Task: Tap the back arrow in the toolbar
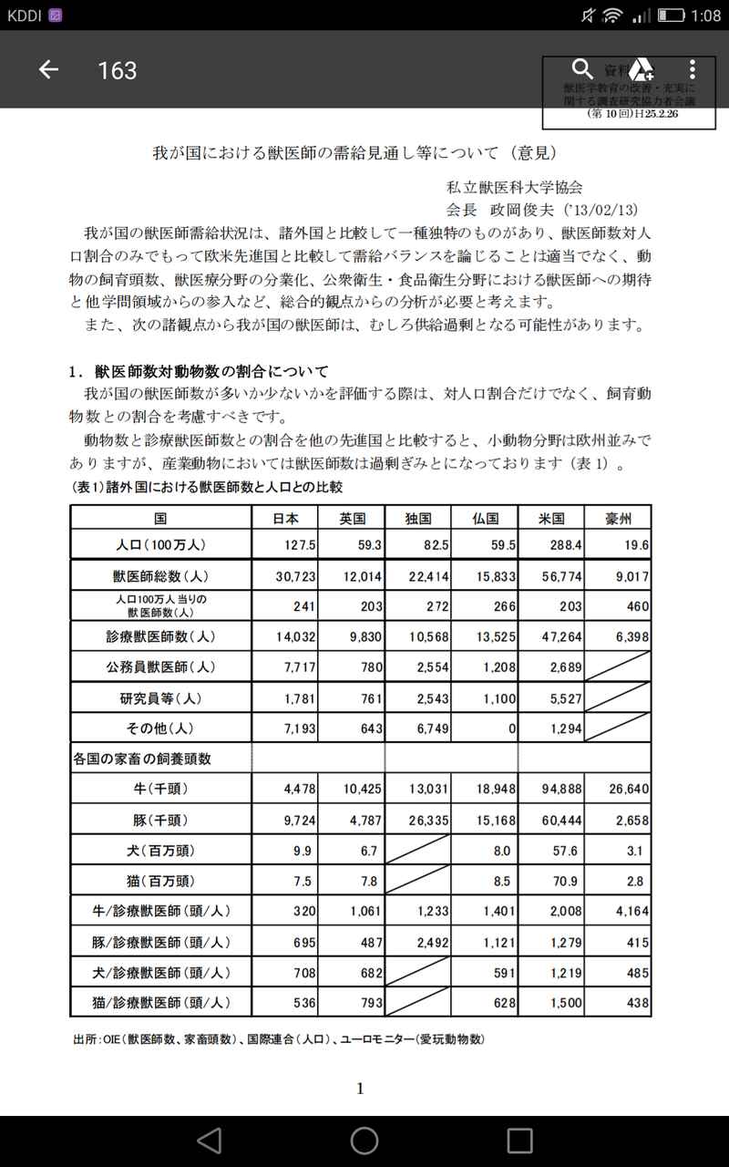coord(48,70)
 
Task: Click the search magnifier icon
coord(581,69)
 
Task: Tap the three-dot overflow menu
coord(693,69)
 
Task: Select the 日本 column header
coord(285,518)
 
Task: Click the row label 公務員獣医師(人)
coord(160,667)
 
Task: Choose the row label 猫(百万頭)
coord(160,882)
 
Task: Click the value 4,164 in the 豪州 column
coord(630,912)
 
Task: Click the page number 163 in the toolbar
coord(117,70)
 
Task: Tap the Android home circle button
coord(364,1140)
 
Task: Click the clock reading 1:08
coord(704,15)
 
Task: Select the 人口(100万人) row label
coord(160,545)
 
